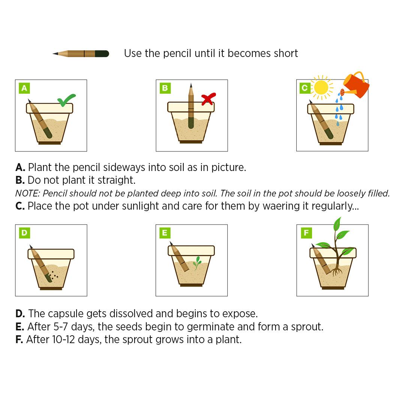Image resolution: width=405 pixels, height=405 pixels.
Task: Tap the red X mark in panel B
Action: click(208, 99)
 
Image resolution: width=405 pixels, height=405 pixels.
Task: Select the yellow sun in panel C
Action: click(321, 87)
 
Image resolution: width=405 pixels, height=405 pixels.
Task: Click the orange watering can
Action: click(356, 85)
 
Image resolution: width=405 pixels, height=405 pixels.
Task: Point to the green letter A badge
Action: click(24, 88)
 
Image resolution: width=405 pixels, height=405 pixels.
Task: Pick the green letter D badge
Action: click(24, 233)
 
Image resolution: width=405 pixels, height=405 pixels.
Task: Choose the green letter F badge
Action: click(306, 233)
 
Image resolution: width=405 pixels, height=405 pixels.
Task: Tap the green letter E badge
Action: click(165, 233)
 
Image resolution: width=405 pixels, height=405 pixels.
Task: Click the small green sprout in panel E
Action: click(197, 263)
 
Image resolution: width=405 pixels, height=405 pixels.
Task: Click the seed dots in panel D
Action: click(54, 275)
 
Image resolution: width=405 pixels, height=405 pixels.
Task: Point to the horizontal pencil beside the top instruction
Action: click(81, 54)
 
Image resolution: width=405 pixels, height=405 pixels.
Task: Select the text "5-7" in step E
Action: click(61, 327)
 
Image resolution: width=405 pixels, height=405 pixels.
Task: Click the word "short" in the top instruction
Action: click(286, 54)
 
